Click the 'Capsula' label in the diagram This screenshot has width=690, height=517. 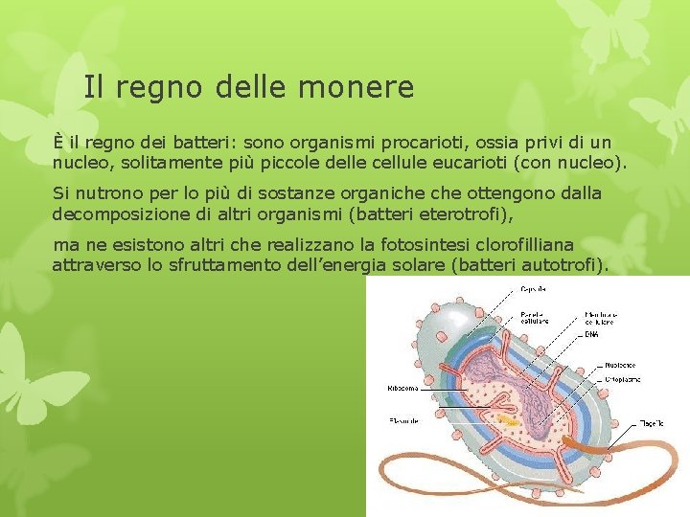click(x=535, y=288)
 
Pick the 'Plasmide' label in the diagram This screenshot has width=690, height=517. click(x=403, y=421)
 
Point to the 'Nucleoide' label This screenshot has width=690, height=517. click(x=622, y=365)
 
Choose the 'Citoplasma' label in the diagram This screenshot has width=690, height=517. click(x=624, y=379)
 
